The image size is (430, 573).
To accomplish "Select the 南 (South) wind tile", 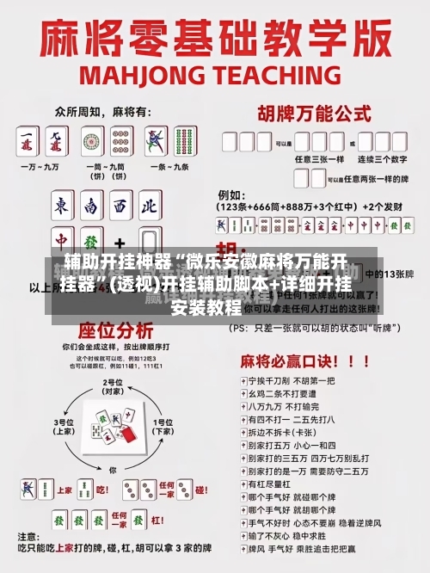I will (92, 207).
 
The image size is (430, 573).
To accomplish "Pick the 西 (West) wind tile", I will (120, 207).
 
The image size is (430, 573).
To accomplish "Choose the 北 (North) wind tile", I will (149, 207).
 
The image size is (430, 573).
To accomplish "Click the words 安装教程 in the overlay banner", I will (206, 306).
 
